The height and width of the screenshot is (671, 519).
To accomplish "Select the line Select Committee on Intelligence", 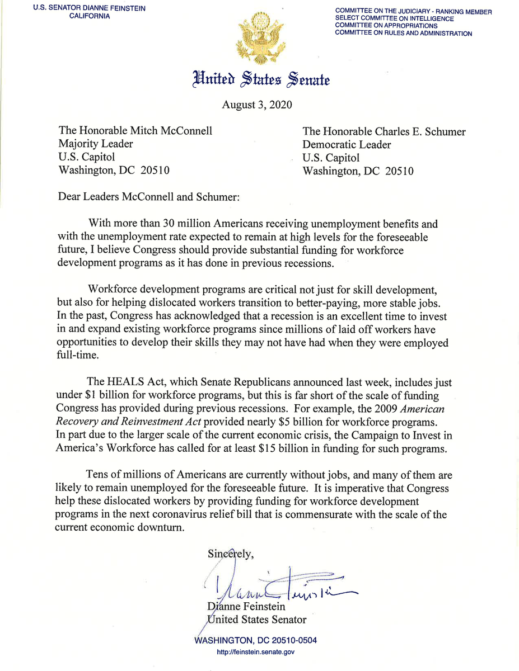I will tap(395, 18).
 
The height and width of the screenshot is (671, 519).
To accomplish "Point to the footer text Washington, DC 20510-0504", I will tap(258, 641).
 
